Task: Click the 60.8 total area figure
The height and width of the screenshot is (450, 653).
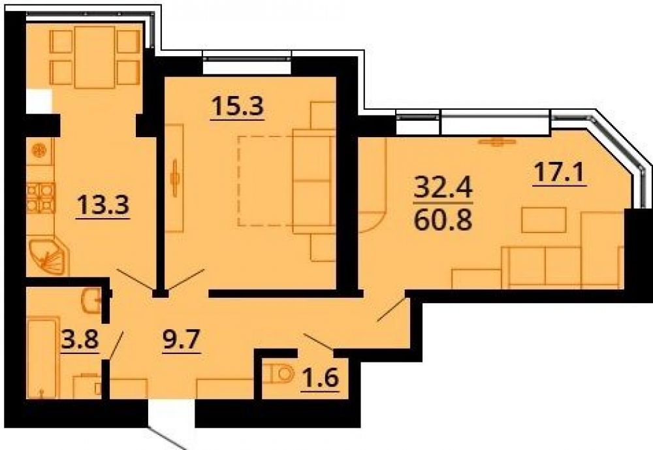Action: (443, 219)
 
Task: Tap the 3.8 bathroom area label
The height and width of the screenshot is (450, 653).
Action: (80, 340)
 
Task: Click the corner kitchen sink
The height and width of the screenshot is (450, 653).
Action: (48, 255)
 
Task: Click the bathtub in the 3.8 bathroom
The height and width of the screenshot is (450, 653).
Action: (42, 359)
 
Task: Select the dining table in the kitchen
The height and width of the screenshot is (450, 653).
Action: (95, 57)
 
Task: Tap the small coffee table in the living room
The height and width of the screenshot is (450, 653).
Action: (543, 219)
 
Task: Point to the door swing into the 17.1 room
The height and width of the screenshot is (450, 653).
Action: (391, 309)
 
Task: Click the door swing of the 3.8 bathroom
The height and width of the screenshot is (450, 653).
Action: (116, 345)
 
